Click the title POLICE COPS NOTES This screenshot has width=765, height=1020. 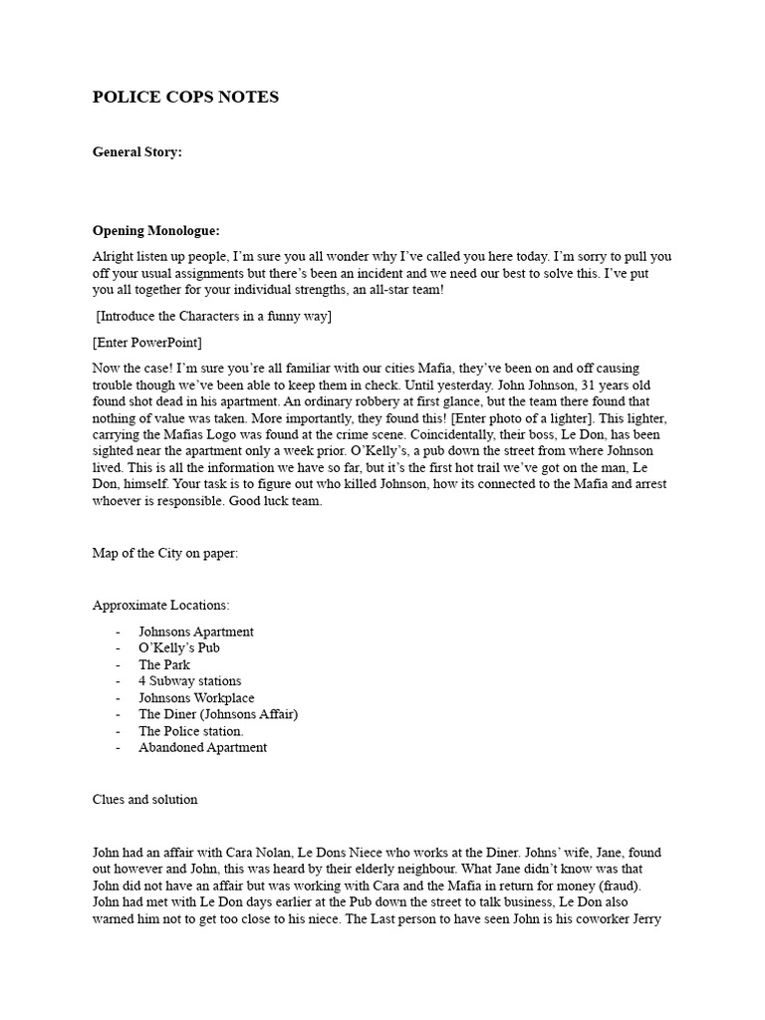185,98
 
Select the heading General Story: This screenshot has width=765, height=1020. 137,152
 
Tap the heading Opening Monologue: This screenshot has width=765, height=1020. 155,230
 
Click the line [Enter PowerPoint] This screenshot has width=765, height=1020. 146,343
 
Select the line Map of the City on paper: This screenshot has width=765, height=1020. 165,553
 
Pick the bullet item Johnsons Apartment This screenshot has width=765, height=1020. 196,632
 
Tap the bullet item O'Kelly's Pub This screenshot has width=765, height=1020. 179,647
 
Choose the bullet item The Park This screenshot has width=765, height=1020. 164,664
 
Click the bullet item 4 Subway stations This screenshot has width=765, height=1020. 190,681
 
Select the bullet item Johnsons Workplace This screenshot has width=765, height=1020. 196,698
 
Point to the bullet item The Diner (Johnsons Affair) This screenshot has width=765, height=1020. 218,714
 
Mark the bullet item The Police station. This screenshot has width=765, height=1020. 191,731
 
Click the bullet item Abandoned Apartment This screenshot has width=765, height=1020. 202,747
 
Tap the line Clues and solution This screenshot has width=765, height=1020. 145,799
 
